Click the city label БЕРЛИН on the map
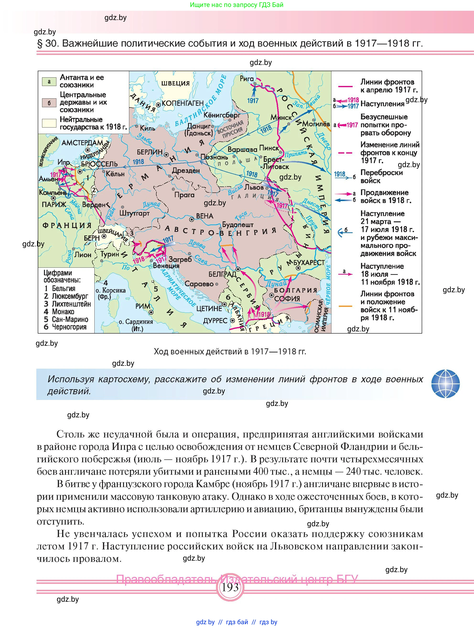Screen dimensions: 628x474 click(x=149, y=152)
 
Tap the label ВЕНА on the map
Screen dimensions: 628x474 click(x=205, y=216)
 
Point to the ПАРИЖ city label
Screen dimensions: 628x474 click(x=54, y=204)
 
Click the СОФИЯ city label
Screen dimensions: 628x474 click(x=287, y=299)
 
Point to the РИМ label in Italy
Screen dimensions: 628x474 click(x=143, y=306)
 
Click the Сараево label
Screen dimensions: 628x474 click(x=199, y=284)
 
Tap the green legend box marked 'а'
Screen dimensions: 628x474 click(x=49, y=82)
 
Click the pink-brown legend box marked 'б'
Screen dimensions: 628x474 click(x=49, y=103)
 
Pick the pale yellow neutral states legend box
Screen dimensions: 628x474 click(x=49, y=123)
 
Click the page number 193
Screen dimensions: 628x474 click(x=230, y=587)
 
